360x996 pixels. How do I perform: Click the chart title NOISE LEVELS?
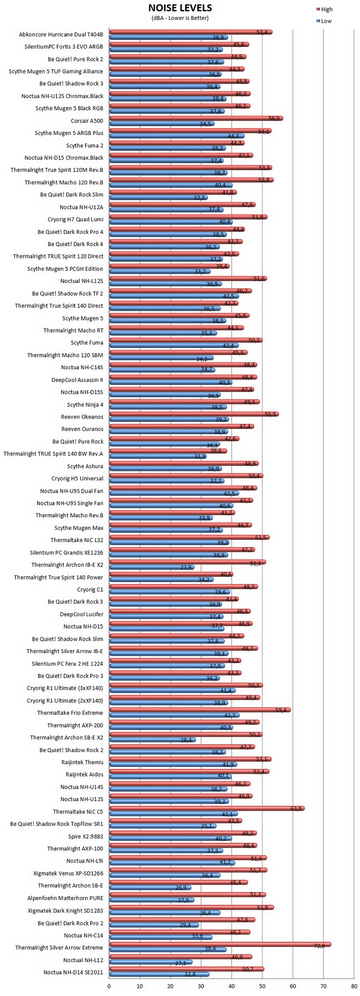coord(180,8)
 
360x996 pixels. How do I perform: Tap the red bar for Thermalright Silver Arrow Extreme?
coord(220,945)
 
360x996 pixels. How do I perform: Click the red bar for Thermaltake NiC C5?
coord(207,808)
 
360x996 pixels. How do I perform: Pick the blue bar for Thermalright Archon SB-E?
coord(150,888)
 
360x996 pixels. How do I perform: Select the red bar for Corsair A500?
coord(196,118)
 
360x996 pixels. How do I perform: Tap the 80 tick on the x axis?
coord(354,986)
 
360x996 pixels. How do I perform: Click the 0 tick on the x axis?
coord(109,986)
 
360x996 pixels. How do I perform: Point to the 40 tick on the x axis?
coord(231,986)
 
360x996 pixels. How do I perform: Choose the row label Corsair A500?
coord(87,121)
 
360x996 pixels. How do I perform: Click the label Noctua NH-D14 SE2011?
coord(73,972)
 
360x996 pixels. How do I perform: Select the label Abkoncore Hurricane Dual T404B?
coord(61,34)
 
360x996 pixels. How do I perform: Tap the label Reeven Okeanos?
coord(82,417)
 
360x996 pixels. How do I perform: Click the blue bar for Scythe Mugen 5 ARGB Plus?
coord(177,136)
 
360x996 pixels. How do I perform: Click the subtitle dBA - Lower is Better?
coord(180,18)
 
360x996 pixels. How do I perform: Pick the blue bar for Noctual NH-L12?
coord(151,962)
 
